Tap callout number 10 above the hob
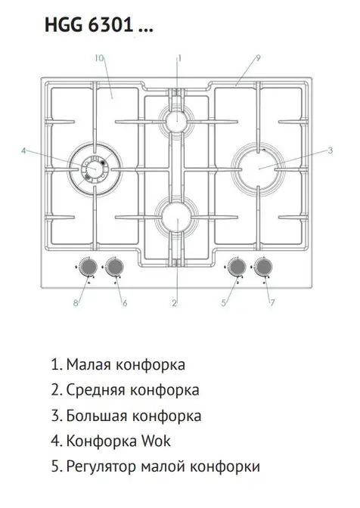click(100, 58)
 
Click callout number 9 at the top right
click(258, 57)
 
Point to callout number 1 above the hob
click(179, 58)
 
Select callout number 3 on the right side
click(330, 150)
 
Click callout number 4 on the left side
click(23, 150)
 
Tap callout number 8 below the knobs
click(76, 303)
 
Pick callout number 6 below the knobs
click(125, 303)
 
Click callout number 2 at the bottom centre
click(175, 303)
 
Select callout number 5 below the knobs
click(224, 303)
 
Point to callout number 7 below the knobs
click(272, 302)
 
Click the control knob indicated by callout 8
click(88, 268)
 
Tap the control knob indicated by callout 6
click(115, 268)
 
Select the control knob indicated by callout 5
click(237, 268)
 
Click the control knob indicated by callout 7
click(262, 268)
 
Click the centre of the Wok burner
click(95, 169)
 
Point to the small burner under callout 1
click(177, 120)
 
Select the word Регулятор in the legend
click(101, 467)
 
